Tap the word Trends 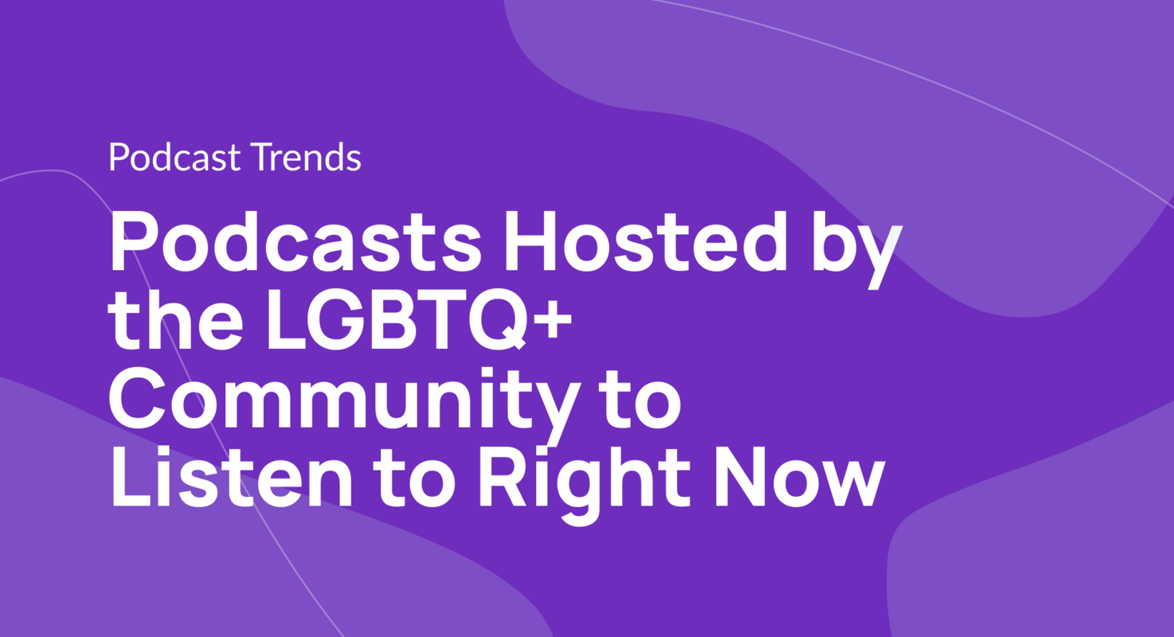(305, 158)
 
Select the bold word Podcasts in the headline (295, 241)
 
